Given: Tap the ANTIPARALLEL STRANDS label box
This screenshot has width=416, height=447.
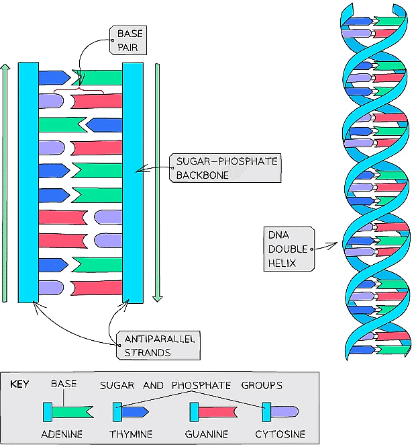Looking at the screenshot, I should tap(159, 346).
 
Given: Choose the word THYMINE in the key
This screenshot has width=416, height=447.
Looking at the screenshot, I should tap(131, 434).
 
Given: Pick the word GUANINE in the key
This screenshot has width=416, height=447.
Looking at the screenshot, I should tap(207, 434).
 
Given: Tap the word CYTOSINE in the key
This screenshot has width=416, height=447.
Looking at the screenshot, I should tap(280, 434).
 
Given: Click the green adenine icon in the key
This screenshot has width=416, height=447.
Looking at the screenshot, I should tap(67, 411).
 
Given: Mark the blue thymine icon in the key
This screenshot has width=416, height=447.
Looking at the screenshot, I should tap(132, 411).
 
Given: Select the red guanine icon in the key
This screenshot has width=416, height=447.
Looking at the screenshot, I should tap(214, 411).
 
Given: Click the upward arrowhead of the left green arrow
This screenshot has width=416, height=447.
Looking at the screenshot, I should tap(5, 68).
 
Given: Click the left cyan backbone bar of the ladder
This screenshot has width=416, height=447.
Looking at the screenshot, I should tap(28, 181).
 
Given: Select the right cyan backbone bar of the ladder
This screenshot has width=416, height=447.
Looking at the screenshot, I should tap(132, 181).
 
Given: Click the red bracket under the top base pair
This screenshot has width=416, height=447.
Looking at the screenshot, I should tap(79, 89).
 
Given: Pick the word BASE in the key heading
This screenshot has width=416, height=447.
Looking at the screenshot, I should tap(64, 384).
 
